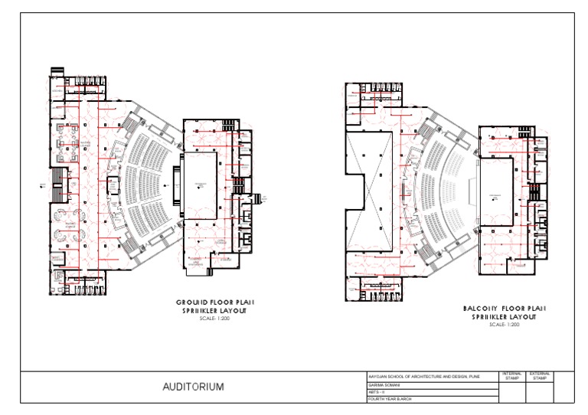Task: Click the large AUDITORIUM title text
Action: tap(193, 387)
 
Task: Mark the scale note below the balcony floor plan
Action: tap(503, 325)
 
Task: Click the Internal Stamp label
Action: tap(511, 376)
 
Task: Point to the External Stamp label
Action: tap(539, 376)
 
